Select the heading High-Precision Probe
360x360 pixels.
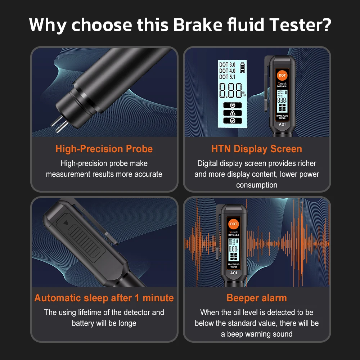coord(104,149)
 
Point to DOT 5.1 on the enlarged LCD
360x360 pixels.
coord(227,77)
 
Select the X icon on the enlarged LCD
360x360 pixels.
coord(233,105)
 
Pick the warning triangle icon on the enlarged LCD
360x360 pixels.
coord(233,113)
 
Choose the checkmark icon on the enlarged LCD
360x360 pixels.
coord(233,121)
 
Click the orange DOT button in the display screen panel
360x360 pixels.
coord(282,76)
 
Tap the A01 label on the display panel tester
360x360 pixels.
coord(282,124)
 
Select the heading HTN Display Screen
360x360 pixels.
coord(257,149)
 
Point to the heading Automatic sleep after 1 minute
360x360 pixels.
coord(104,298)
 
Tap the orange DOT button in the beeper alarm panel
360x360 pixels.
coord(234,224)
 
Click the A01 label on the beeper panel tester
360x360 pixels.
coord(234,273)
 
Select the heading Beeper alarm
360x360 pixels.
coord(257,298)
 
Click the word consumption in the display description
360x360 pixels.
coord(257,185)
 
